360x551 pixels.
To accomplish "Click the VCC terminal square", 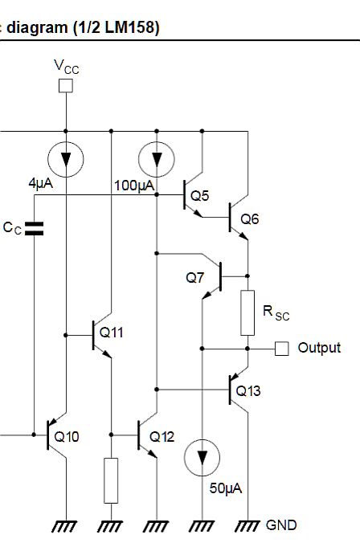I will pyautogui.click(x=66, y=84).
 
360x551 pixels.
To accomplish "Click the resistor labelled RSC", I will pyautogui.click(x=247, y=312).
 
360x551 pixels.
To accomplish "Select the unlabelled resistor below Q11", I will pyautogui.click(x=111, y=480).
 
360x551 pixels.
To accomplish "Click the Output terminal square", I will pyautogui.click(x=281, y=349).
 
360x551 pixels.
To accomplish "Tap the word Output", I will pyautogui.click(x=319, y=348).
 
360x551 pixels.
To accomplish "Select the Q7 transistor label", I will pyautogui.click(x=195, y=278).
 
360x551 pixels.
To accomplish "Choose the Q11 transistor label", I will pyautogui.click(x=112, y=332).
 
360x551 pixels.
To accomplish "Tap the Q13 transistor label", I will pyautogui.click(x=251, y=391).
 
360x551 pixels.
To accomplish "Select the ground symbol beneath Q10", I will pyautogui.click(x=64, y=527).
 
